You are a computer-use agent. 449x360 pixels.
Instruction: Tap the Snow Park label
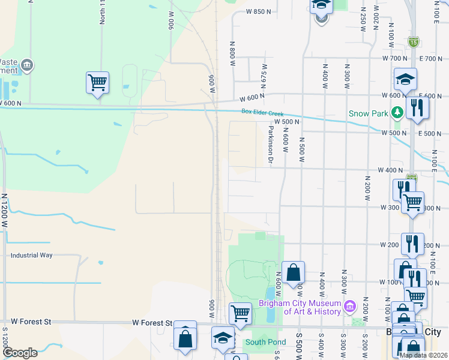tap(368, 113)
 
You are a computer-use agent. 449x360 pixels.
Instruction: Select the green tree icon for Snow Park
tap(396, 112)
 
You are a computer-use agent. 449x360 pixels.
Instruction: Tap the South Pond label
tap(265, 342)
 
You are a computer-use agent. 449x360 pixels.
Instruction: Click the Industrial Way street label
tap(31, 255)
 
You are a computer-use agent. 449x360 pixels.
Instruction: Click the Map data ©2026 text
tap(423, 355)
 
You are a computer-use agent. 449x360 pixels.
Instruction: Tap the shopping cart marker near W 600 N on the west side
tap(97, 83)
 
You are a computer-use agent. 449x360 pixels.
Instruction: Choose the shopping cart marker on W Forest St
tap(240, 312)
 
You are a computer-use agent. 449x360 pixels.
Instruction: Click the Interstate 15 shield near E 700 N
tap(413, 42)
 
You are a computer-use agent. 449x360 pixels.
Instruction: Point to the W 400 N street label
tap(390, 170)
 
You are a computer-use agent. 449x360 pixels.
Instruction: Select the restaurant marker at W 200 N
tap(412, 244)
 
